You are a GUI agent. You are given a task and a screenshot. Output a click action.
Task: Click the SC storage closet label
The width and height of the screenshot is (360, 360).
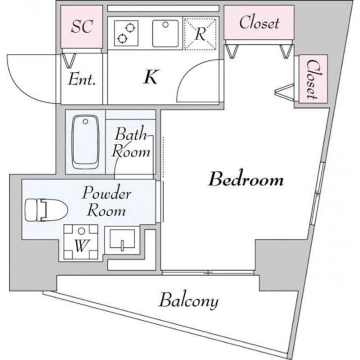(82, 26)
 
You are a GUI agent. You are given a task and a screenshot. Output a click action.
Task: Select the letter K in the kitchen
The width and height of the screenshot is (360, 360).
(151, 77)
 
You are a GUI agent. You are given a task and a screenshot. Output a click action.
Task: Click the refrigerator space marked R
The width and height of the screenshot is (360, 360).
(201, 34)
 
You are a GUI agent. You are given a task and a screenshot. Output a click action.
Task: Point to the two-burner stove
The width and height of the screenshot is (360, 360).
(126, 33)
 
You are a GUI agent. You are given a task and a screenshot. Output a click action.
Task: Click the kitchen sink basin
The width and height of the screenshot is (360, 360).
(165, 34)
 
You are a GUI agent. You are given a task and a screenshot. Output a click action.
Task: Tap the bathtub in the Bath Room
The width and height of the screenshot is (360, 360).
(85, 142)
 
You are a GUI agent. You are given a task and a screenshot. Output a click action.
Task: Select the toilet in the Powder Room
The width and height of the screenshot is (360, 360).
(46, 210)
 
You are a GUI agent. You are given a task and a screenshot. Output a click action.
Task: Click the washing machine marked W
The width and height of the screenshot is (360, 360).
(80, 242)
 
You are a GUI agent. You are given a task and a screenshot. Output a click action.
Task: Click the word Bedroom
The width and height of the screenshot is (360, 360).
(246, 180)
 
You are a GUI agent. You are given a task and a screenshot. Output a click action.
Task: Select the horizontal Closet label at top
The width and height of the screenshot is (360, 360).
(259, 22)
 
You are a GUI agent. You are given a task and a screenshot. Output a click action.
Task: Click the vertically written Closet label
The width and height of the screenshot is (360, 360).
(313, 79)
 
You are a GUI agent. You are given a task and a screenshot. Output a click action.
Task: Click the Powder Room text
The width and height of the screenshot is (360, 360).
(107, 201)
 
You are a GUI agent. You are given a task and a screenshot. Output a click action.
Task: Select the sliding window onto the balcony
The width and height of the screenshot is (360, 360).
(208, 272)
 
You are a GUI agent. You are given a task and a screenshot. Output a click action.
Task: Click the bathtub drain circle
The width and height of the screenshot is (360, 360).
(85, 121)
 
